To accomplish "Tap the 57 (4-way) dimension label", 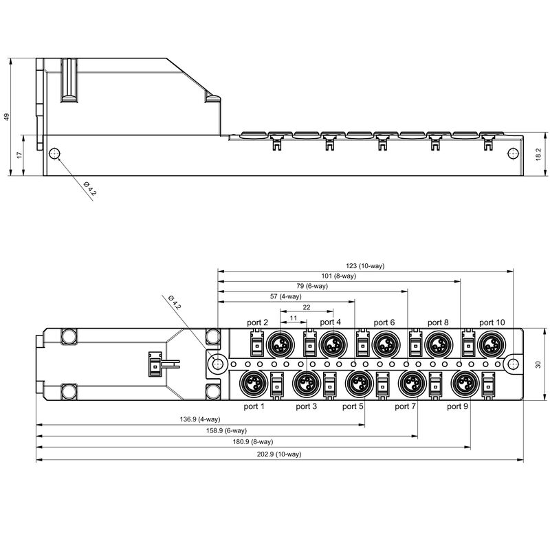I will pyautogui.click(x=285, y=296).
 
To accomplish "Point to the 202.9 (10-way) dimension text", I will pyautogui.click(x=279, y=454).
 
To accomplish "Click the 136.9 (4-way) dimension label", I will pyautogui.click(x=200, y=419).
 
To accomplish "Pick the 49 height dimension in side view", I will pyautogui.click(x=8, y=117).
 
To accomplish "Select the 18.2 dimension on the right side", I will pyautogui.click(x=538, y=155).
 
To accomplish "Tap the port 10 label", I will pyautogui.click(x=492, y=322).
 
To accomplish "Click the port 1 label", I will pyautogui.click(x=254, y=406).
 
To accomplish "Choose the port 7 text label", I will pyautogui.click(x=406, y=406).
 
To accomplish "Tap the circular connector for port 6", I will pyautogui.click(x=384, y=342).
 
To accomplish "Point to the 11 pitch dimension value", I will pyautogui.click(x=294, y=318).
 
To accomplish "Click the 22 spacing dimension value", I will pyautogui.click(x=307, y=307).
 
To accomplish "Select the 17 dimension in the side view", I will pyautogui.click(x=20, y=155).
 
